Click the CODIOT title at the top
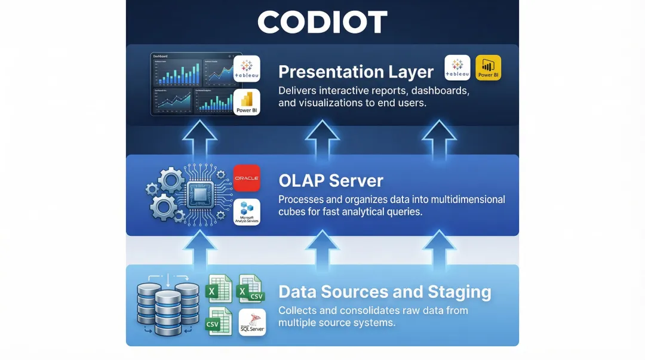(x=322, y=22)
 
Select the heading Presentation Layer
(x=356, y=72)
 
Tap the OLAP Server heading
(x=331, y=180)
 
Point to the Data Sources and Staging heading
(x=385, y=292)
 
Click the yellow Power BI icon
(x=488, y=68)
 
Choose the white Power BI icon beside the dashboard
(x=247, y=103)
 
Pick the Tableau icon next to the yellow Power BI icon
(x=457, y=68)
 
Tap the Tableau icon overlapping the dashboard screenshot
(x=247, y=69)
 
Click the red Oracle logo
(x=247, y=178)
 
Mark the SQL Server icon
(x=251, y=322)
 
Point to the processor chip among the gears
(x=198, y=195)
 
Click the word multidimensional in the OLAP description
(x=457, y=199)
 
